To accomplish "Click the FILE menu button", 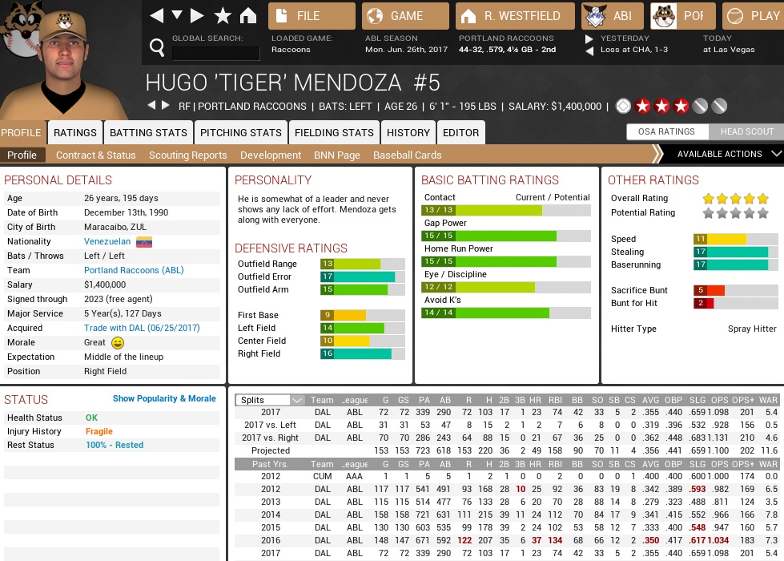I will [x=312, y=16].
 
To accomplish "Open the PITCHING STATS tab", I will [x=240, y=132].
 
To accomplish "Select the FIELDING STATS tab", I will [x=334, y=132].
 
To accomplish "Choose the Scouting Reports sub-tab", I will [x=187, y=155].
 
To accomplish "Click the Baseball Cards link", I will [x=407, y=155].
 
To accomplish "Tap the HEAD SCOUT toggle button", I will [x=747, y=131].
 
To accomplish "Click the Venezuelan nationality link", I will [x=107, y=241].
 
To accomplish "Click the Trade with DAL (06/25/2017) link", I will [x=142, y=328].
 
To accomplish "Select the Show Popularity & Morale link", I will [x=164, y=398].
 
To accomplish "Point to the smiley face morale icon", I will [x=118, y=342].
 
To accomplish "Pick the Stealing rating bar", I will [x=730, y=252].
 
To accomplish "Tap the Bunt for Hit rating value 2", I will [x=700, y=303].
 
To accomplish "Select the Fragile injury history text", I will [x=99, y=431].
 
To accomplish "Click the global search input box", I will [x=215, y=54].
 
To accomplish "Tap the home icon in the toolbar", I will [x=248, y=16].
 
